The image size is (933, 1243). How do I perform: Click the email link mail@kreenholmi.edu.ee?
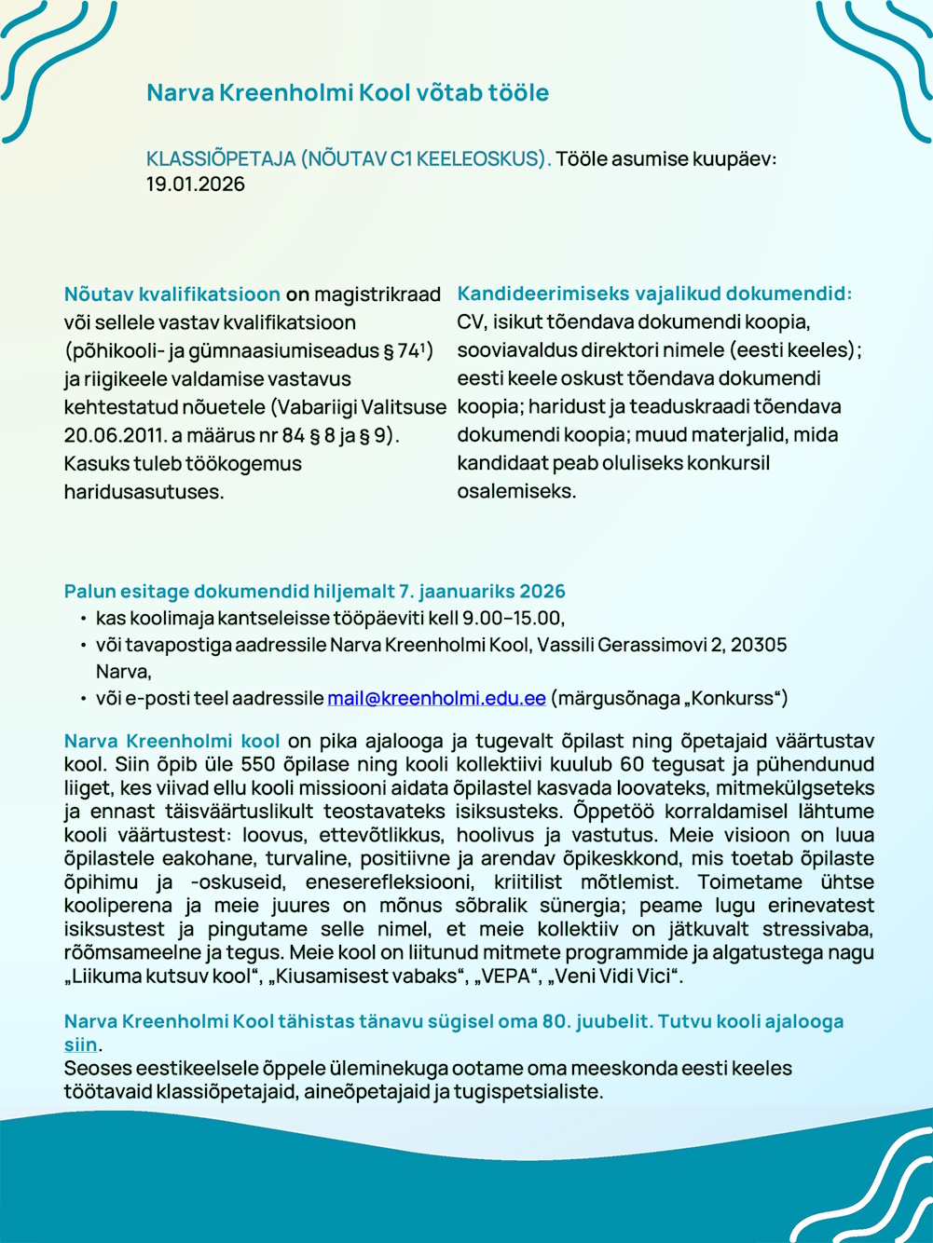point(436,698)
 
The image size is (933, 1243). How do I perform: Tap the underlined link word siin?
point(80,1045)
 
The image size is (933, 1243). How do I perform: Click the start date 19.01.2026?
point(195,184)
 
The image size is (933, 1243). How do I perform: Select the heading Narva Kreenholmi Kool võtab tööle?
point(348,92)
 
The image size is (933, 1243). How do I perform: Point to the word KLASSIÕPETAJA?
point(220,158)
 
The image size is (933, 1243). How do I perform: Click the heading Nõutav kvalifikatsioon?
point(172,294)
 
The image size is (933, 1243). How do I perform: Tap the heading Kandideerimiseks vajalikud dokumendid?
point(653,294)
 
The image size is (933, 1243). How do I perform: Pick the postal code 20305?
point(759,645)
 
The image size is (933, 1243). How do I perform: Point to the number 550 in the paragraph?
point(254,765)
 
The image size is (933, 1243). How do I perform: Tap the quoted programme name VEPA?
point(517,977)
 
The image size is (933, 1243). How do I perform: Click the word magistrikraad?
point(377,294)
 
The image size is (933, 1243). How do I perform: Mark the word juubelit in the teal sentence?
point(611,1021)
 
